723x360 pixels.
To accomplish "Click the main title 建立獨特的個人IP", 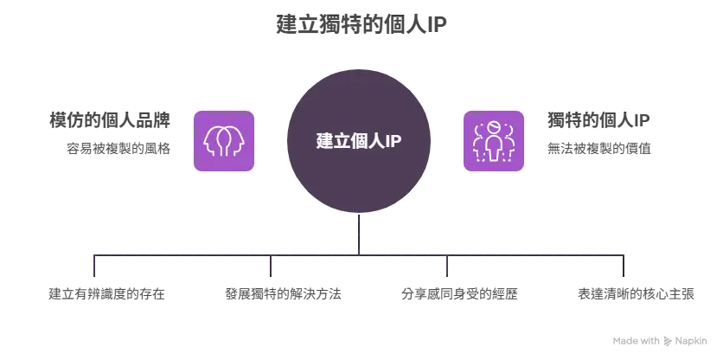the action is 361,24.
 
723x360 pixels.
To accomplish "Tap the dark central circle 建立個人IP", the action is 359,141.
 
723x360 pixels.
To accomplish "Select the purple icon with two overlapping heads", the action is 224,141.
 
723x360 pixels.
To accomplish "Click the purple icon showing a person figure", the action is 493,141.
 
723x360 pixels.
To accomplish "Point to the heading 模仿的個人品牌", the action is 110,120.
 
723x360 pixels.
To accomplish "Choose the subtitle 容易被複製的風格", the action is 118,149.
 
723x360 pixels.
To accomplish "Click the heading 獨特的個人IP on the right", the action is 598,120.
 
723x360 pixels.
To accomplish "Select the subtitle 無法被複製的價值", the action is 599,149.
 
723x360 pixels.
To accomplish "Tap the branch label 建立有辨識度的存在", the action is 107,294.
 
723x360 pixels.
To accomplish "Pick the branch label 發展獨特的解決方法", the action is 283,294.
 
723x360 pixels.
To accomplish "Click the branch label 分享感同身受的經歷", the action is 459,294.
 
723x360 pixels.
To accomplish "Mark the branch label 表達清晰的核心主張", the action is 636,294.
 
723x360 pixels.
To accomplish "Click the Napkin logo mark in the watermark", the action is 667,341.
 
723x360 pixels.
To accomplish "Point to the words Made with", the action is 637,341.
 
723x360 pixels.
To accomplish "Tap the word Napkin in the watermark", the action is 691,342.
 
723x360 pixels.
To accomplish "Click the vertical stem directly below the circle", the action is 359,234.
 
